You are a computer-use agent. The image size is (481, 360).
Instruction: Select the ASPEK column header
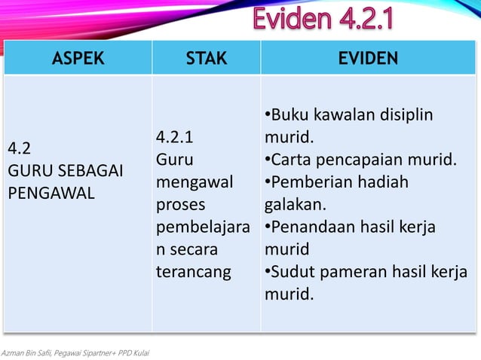78,59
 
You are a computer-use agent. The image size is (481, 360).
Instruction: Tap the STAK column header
206,59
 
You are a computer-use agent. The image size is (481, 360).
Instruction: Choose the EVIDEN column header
368,59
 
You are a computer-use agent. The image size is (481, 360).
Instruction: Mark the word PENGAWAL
51,193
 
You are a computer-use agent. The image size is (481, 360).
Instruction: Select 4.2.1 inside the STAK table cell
175,137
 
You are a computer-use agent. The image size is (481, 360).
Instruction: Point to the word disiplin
406,115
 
